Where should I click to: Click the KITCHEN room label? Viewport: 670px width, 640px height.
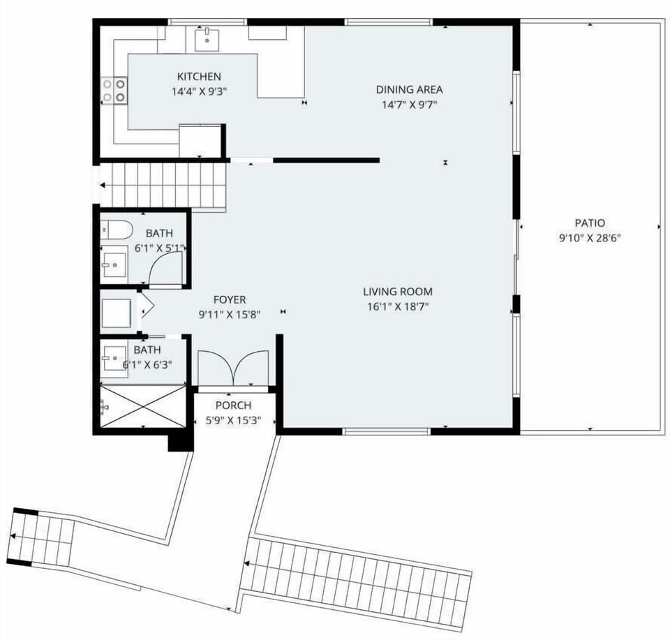pyautogui.click(x=199, y=77)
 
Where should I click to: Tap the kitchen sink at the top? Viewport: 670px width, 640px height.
pyautogui.click(x=207, y=40)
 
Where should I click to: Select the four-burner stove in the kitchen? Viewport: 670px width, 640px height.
pyautogui.click(x=115, y=89)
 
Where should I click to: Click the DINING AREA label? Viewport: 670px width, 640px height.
pyautogui.click(x=409, y=89)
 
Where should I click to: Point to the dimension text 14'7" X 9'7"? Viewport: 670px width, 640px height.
pyautogui.click(x=409, y=105)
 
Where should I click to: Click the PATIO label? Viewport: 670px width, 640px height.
pyautogui.click(x=589, y=223)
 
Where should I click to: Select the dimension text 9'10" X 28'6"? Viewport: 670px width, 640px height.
pyautogui.click(x=589, y=237)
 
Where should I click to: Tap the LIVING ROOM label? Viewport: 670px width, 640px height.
pyautogui.click(x=397, y=292)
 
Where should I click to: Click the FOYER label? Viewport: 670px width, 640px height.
pyautogui.click(x=230, y=300)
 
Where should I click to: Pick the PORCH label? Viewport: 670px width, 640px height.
pyautogui.click(x=233, y=405)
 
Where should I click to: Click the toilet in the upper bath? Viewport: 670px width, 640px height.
pyautogui.click(x=114, y=229)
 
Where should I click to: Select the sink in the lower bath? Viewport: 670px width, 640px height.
pyautogui.click(x=114, y=362)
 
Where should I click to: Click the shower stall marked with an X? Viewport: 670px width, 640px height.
pyautogui.click(x=143, y=406)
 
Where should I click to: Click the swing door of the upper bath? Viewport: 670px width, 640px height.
pyautogui.click(x=166, y=269)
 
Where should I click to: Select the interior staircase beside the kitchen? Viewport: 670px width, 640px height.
pyautogui.click(x=164, y=186)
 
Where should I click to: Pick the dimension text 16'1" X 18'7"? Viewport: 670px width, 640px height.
pyautogui.click(x=397, y=306)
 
